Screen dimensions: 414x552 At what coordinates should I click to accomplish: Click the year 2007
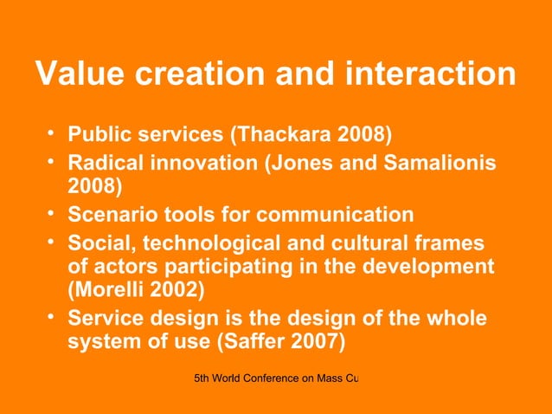317,345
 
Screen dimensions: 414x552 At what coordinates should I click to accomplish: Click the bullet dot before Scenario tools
51,213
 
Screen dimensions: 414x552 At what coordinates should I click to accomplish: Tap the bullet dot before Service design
51,318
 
